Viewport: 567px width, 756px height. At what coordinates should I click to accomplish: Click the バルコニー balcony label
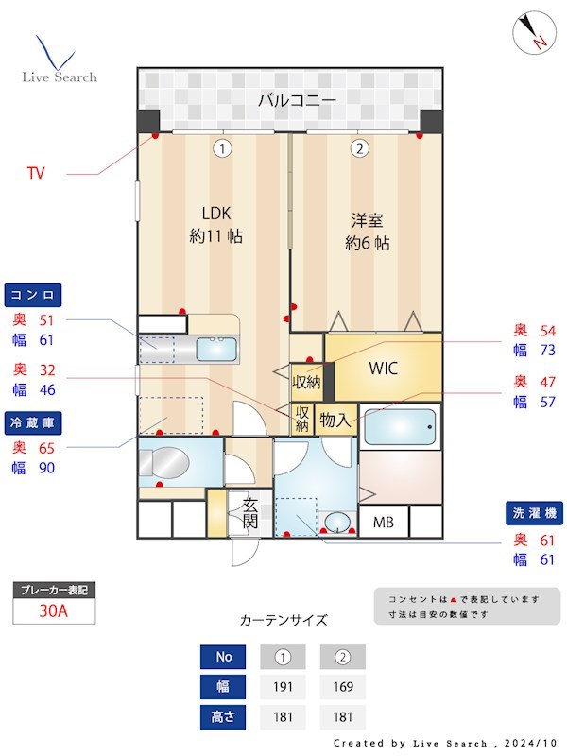297,99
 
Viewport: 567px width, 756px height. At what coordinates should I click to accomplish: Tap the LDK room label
215,224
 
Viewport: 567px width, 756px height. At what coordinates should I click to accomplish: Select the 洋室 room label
369,232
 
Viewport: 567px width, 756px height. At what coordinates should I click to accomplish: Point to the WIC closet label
384,368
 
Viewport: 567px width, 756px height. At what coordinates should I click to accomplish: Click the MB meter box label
384,522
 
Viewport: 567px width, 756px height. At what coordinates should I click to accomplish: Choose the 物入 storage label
335,419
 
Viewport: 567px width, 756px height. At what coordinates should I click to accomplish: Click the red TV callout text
36,173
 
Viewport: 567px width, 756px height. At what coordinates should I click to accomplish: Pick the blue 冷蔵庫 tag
35,421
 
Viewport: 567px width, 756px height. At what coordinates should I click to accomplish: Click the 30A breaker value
54,610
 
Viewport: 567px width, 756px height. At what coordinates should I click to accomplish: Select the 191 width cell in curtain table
282,686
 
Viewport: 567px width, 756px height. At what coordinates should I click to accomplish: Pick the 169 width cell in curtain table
343,686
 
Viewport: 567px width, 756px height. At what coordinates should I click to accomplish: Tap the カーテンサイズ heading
283,621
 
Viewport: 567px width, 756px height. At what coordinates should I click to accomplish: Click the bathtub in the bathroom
400,426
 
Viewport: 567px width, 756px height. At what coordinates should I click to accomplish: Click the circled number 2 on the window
359,147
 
